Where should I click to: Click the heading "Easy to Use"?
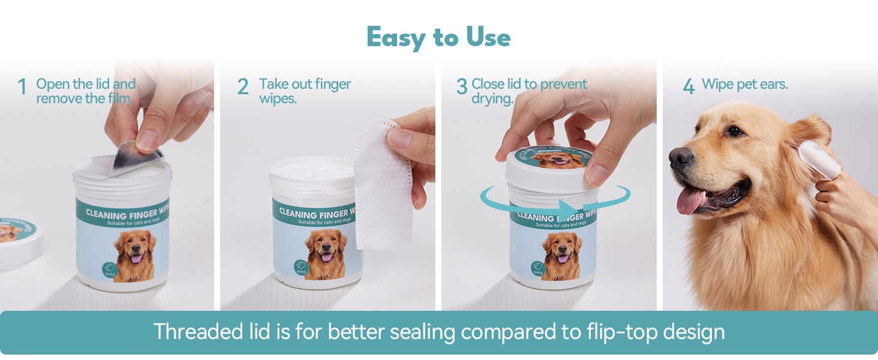(x=438, y=38)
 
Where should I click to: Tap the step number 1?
(x=22, y=88)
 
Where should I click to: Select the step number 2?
(x=243, y=88)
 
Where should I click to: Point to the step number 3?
(x=461, y=88)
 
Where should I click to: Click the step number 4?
(x=688, y=88)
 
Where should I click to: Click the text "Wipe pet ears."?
(x=745, y=85)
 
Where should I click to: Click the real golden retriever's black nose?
(x=680, y=157)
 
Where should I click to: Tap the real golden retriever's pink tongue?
(x=690, y=200)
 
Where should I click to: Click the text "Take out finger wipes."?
(x=305, y=91)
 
